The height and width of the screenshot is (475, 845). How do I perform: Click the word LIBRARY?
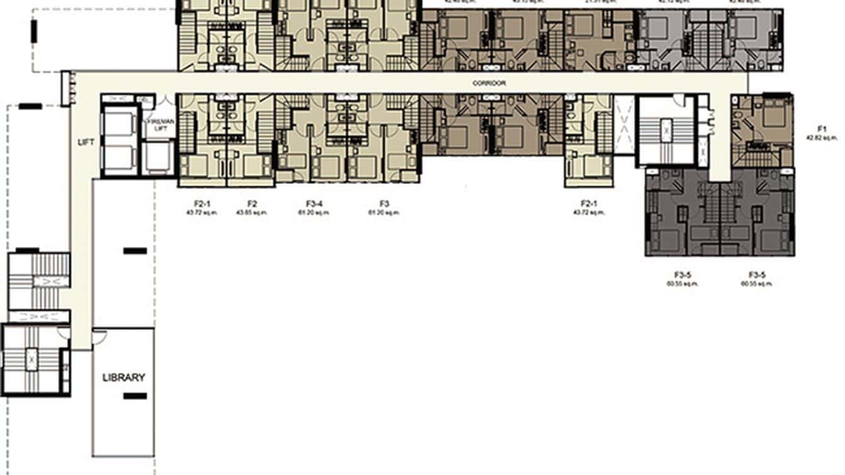point(123,378)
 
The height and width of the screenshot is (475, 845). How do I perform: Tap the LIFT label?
point(86,142)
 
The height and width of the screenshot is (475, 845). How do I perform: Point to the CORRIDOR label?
point(489,83)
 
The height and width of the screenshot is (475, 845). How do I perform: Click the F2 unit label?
point(252,204)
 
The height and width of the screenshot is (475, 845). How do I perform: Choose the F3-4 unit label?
point(314,204)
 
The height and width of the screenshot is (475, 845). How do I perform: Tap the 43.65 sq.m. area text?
point(252,213)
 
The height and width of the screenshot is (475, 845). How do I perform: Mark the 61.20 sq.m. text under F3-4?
point(314,213)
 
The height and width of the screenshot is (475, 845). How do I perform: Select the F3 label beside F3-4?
point(385,204)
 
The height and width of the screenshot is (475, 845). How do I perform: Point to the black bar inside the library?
point(135,396)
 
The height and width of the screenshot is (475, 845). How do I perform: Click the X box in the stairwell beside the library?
point(31,359)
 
